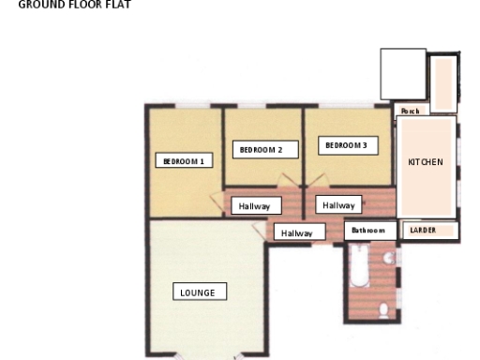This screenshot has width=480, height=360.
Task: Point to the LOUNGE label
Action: [x=199, y=292]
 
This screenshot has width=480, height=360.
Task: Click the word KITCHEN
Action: [x=426, y=162]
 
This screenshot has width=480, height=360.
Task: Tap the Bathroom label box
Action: [x=368, y=230]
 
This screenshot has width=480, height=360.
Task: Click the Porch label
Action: [x=410, y=111]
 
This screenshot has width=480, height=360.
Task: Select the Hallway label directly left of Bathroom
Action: [x=296, y=233]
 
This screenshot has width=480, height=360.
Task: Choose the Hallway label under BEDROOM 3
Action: [x=338, y=204]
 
